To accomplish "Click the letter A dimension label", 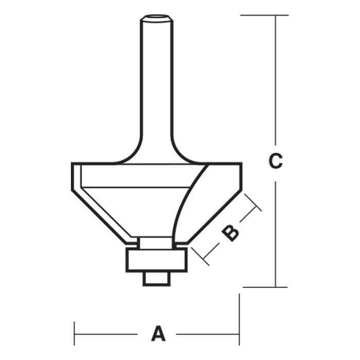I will [158, 334].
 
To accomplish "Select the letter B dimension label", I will [230, 233].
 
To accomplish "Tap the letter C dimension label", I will [276, 161].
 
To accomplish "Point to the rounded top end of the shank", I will [157, 19].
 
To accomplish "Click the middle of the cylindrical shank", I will [157, 82].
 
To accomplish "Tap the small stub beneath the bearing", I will [156, 278].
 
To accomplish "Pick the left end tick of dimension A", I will [75, 334].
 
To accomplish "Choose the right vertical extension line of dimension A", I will [239, 319].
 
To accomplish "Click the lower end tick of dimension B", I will [200, 256].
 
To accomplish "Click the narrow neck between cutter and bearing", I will [156, 242].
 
